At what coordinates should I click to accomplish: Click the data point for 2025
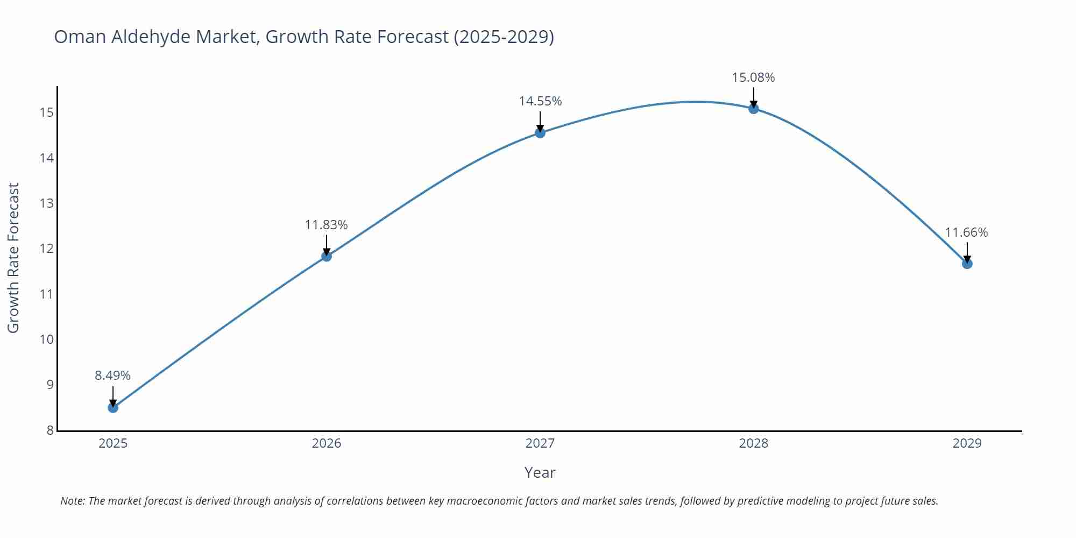tap(113, 408)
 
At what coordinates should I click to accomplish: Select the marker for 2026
tap(327, 256)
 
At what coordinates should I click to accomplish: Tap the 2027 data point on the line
tap(540, 133)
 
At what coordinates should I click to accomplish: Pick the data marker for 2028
tap(754, 109)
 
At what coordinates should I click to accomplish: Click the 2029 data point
tap(967, 264)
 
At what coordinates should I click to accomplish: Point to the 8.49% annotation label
tap(113, 376)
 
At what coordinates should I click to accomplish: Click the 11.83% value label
tap(327, 225)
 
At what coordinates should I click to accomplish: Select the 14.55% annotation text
tap(540, 101)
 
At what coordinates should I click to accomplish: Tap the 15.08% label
tap(753, 77)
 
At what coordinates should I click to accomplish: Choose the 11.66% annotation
tap(966, 232)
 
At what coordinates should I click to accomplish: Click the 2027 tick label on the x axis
tap(540, 443)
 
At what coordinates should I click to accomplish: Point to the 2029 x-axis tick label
tap(967, 443)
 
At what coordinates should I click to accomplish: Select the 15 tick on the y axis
tap(46, 112)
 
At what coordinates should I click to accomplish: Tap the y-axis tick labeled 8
tap(50, 430)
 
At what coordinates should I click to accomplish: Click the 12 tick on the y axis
tap(46, 249)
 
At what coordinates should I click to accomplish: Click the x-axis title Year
tap(540, 472)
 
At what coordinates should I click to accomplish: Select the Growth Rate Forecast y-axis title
tap(13, 258)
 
